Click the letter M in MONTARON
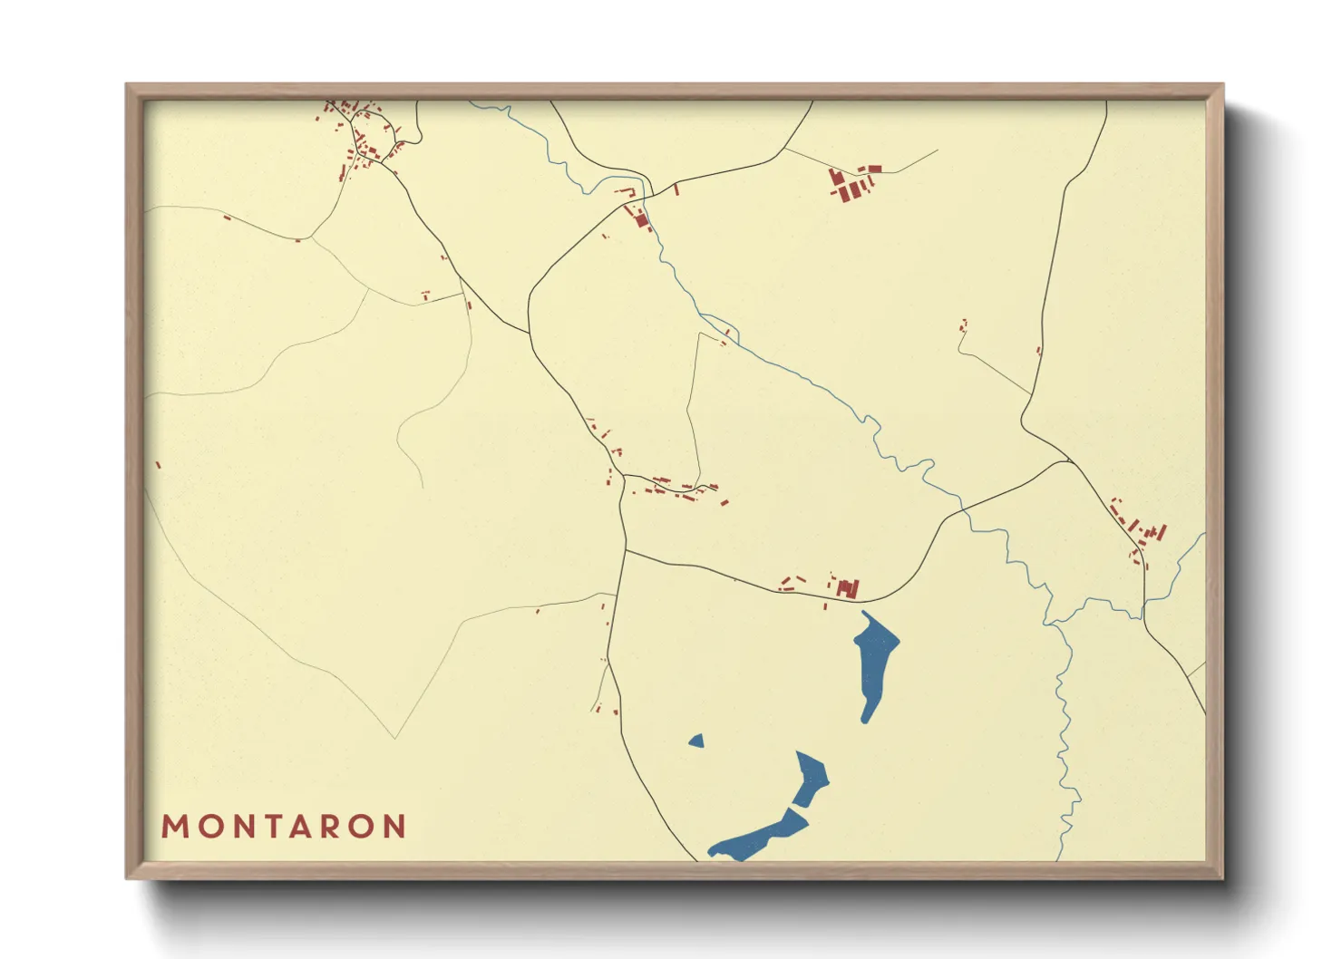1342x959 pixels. pos(173,827)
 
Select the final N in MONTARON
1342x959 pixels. pos(394,827)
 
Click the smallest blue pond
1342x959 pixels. pos(696,741)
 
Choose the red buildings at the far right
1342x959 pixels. pos(1141,530)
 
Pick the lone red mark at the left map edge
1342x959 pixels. pos(159,465)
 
